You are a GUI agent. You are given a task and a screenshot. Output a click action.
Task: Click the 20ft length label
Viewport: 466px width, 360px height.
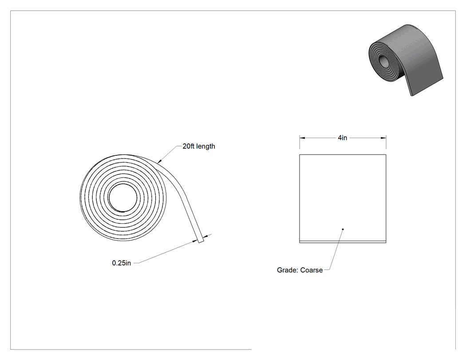click(x=198, y=146)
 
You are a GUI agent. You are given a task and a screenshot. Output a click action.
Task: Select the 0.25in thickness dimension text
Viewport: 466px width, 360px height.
click(x=121, y=263)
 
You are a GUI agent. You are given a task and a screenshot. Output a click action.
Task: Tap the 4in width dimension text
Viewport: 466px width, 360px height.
click(x=342, y=138)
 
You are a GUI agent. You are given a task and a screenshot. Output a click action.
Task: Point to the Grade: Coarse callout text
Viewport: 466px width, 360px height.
click(x=300, y=270)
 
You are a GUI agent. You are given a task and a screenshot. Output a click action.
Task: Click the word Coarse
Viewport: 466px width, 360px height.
click(x=312, y=270)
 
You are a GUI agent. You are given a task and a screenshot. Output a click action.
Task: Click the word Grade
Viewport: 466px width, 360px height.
click(x=287, y=270)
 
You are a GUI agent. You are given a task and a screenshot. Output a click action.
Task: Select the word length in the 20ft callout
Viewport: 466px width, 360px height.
click(x=205, y=146)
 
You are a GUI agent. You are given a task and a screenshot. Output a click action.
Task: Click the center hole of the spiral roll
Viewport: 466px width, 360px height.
click(x=123, y=198)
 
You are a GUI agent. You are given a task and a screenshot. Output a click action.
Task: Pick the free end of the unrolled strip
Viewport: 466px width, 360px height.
click(x=201, y=241)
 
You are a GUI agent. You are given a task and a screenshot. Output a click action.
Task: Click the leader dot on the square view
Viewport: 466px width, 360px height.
click(x=343, y=229)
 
